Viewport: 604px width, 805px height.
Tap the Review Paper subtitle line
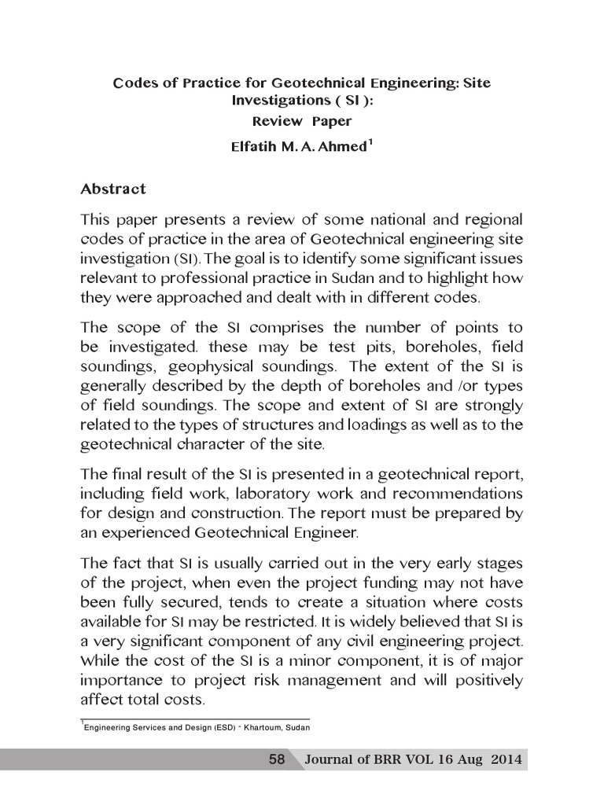[x=301, y=121]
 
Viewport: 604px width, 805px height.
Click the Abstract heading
[x=113, y=189]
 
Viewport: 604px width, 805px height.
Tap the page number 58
[x=277, y=760]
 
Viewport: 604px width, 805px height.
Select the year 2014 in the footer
[x=506, y=760]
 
